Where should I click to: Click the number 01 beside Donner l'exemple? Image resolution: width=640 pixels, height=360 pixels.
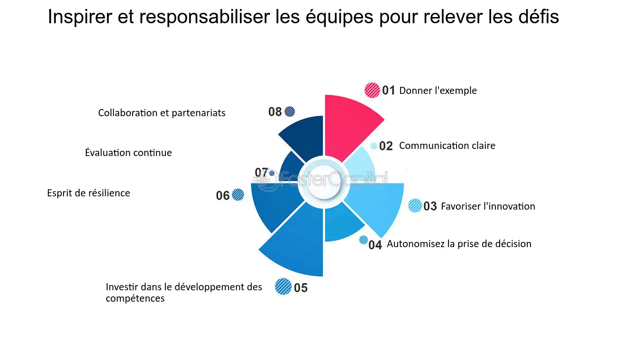[389, 91]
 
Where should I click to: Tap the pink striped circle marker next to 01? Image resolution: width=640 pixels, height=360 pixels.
[372, 90]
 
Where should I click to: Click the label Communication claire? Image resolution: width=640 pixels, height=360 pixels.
[447, 146]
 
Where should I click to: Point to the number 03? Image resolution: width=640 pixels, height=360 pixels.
[430, 206]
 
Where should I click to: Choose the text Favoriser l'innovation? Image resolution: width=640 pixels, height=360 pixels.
[488, 206]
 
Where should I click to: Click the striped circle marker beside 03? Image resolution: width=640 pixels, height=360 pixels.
[415, 205]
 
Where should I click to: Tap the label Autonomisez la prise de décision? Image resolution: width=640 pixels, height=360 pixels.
[459, 244]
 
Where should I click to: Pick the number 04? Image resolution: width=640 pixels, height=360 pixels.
[375, 245]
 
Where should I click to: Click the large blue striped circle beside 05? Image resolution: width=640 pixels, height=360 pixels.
[283, 286]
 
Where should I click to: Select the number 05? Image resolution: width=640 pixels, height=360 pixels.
[301, 288]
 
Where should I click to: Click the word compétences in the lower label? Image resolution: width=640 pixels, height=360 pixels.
[135, 299]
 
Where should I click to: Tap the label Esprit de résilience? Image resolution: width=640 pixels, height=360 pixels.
[89, 193]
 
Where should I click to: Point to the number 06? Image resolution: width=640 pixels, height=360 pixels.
[223, 196]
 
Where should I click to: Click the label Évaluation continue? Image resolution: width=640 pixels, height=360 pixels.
[128, 153]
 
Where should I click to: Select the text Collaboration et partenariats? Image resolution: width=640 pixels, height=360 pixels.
[162, 113]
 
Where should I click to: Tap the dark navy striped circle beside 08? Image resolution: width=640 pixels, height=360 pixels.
[290, 112]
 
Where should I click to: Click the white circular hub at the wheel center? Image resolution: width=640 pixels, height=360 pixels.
[324, 183]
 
